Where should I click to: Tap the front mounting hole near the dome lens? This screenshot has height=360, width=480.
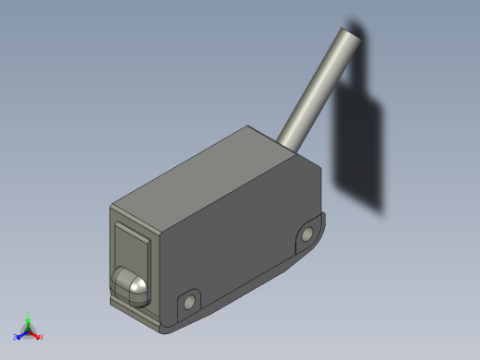click(190, 302)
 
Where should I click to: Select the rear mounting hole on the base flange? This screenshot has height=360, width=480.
click(306, 237)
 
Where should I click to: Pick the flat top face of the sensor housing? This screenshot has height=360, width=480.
click(217, 173)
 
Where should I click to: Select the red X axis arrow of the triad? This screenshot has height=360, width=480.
click(35, 333)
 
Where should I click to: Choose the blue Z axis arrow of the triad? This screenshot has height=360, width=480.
click(20, 334)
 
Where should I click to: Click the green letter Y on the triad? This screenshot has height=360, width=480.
click(29, 313)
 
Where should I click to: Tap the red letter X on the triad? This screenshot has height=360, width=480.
click(42, 337)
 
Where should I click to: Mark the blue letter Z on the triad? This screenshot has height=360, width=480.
click(15, 338)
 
